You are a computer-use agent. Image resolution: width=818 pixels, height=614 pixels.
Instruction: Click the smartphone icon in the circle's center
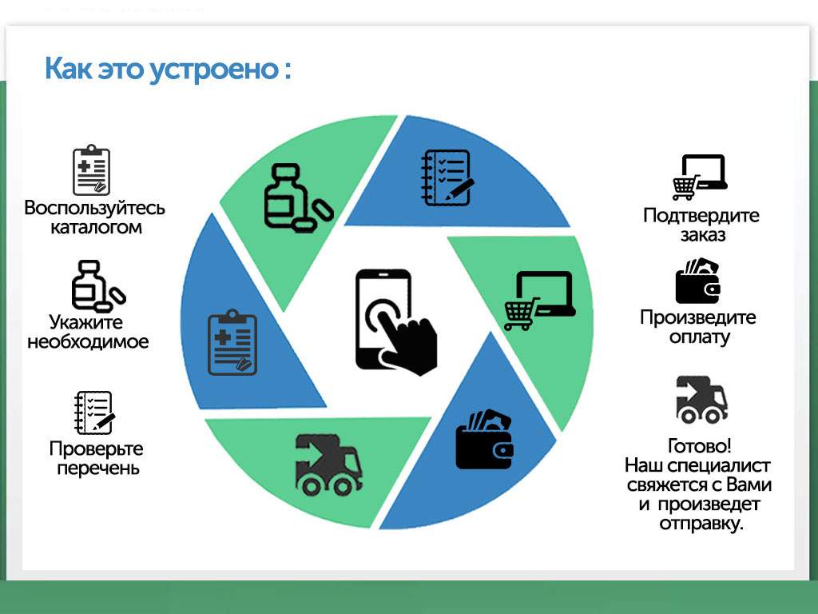(x=395, y=322)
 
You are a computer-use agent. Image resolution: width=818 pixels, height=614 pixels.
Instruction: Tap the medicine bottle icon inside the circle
(x=298, y=198)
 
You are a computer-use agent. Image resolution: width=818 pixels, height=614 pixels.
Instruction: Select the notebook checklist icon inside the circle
(x=447, y=177)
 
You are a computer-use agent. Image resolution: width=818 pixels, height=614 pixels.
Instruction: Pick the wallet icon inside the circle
(x=484, y=440)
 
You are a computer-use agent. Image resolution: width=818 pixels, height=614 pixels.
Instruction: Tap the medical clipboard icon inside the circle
(x=232, y=342)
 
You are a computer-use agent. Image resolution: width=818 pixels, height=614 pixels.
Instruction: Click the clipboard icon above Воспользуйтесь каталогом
(x=91, y=170)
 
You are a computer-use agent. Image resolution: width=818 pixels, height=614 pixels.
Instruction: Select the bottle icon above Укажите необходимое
(x=98, y=285)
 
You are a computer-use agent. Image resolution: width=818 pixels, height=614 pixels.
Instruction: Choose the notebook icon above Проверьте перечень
(x=94, y=413)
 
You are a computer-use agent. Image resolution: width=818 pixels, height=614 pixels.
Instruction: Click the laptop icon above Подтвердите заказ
(x=700, y=177)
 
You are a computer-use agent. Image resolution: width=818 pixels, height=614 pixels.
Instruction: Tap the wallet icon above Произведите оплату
(x=698, y=281)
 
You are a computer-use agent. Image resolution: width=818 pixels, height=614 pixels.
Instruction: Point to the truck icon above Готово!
(x=701, y=400)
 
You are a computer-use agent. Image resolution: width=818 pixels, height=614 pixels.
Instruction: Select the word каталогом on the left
(x=96, y=228)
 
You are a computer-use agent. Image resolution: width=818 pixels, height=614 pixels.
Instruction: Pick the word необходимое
(x=88, y=342)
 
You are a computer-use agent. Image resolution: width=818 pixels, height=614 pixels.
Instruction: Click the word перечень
(x=98, y=468)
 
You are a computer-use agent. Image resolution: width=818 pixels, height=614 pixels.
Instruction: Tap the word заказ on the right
(x=703, y=235)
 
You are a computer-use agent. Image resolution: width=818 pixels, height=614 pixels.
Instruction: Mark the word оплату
(x=700, y=337)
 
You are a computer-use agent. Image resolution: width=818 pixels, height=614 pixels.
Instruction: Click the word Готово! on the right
(x=700, y=446)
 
